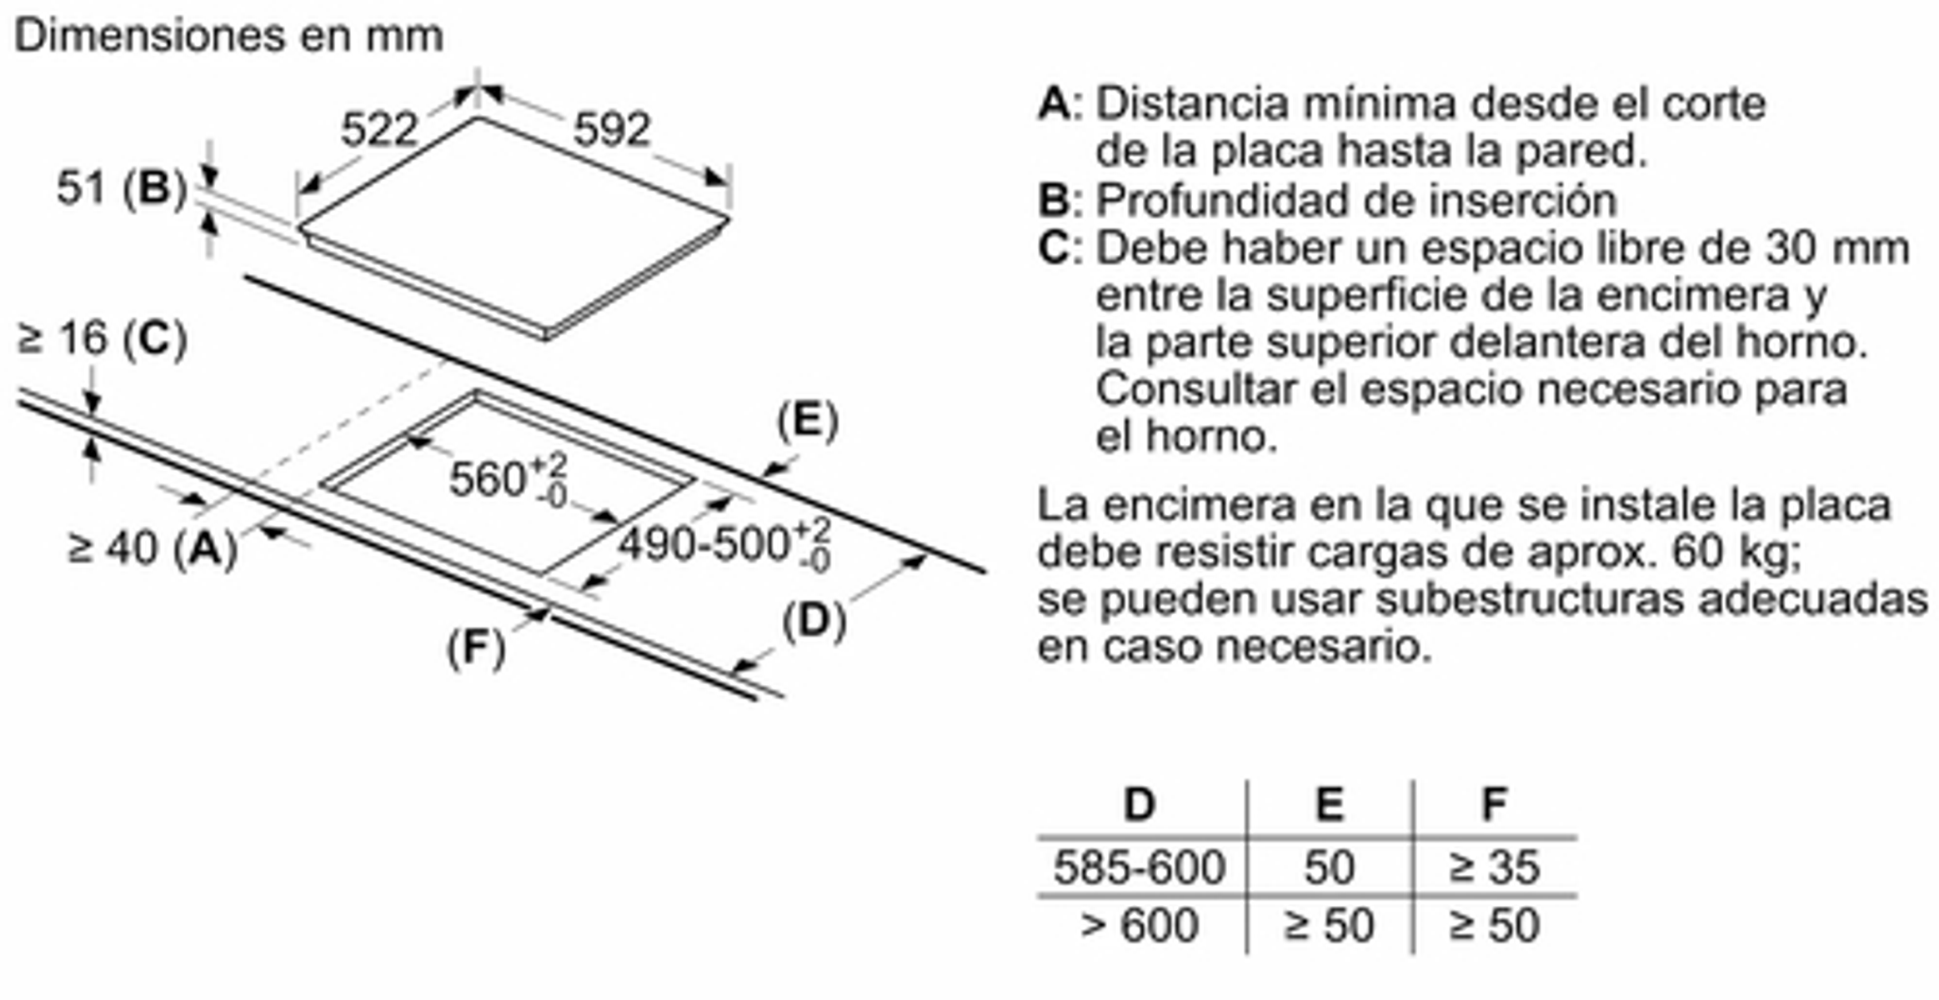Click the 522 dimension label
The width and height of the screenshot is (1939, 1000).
(x=379, y=129)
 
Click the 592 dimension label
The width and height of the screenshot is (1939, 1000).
(x=611, y=129)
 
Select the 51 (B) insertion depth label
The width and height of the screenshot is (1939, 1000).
(x=122, y=187)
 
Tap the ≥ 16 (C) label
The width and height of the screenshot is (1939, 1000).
(x=102, y=339)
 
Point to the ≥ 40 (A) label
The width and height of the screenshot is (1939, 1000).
(x=152, y=549)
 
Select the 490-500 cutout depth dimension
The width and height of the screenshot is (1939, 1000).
(x=724, y=545)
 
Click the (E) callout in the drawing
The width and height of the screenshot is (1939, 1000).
(x=807, y=421)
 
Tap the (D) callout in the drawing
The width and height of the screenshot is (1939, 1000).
(x=814, y=622)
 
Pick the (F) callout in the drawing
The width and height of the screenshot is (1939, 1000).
(x=476, y=648)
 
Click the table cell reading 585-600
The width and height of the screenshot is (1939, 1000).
(x=1139, y=867)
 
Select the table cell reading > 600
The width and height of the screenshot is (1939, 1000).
(x=1139, y=926)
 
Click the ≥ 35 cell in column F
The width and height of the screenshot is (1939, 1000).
(x=1494, y=867)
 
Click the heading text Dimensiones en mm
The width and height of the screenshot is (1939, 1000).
(x=228, y=36)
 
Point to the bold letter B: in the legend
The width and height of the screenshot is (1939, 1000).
(x=1060, y=200)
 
